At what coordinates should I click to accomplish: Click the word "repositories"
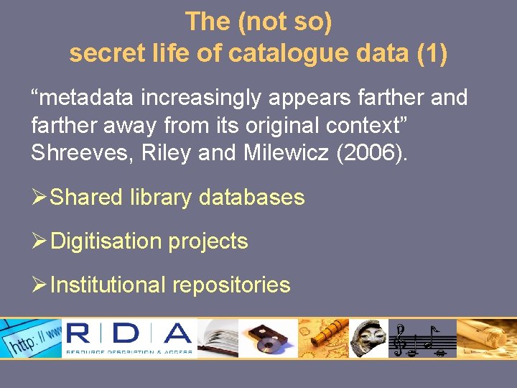tap(231, 285)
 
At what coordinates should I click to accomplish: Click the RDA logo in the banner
tap(129, 338)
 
